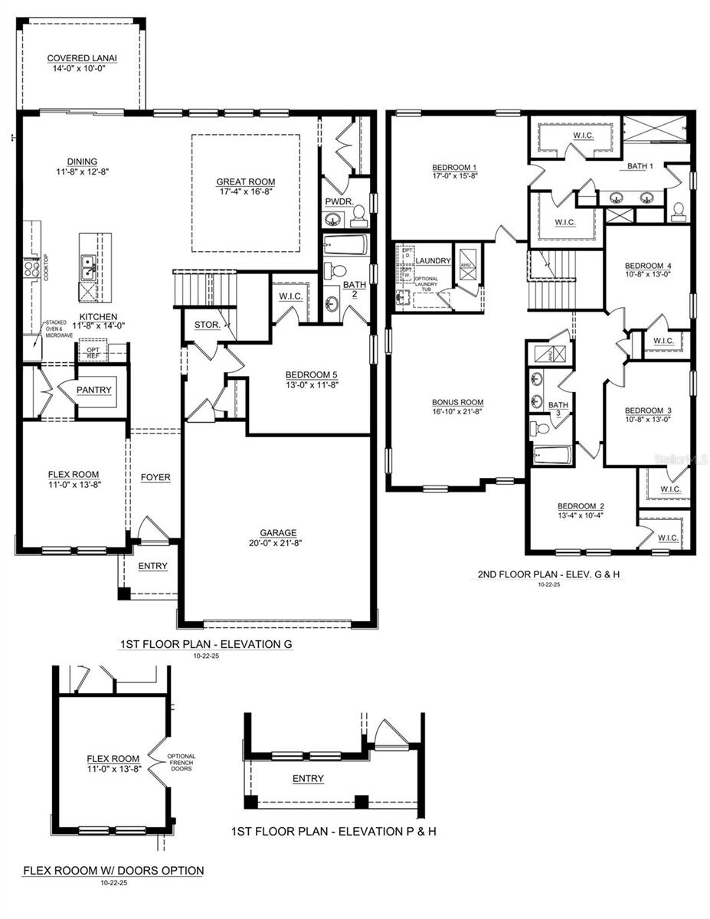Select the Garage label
click(x=278, y=532)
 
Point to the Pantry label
click(x=94, y=390)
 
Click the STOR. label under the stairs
click(x=207, y=325)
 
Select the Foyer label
click(x=155, y=477)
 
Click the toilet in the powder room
click(x=358, y=220)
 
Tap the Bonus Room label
click(x=457, y=401)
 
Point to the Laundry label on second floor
click(x=433, y=261)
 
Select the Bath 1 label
click(x=640, y=165)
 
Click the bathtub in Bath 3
click(x=552, y=456)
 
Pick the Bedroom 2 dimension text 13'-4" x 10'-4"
click(x=581, y=515)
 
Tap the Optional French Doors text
click(x=182, y=762)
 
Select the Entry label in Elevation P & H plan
click(x=308, y=778)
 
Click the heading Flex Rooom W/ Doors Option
click(x=113, y=870)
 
